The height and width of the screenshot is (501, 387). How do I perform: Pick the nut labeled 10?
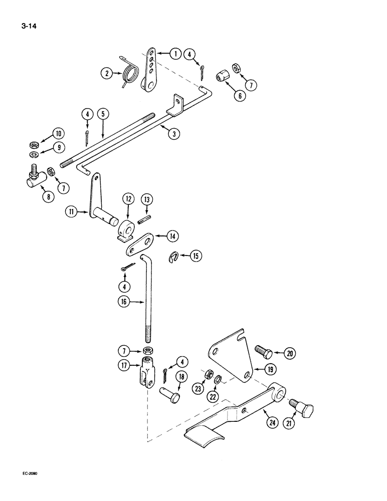point(35,145)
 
